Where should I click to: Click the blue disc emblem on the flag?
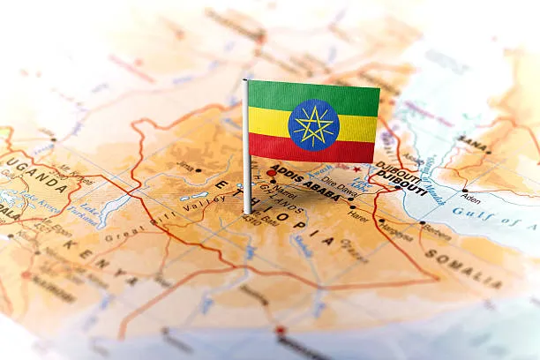point(313,124)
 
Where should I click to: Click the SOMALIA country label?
point(462,267)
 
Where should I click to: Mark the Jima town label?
point(184,165)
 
